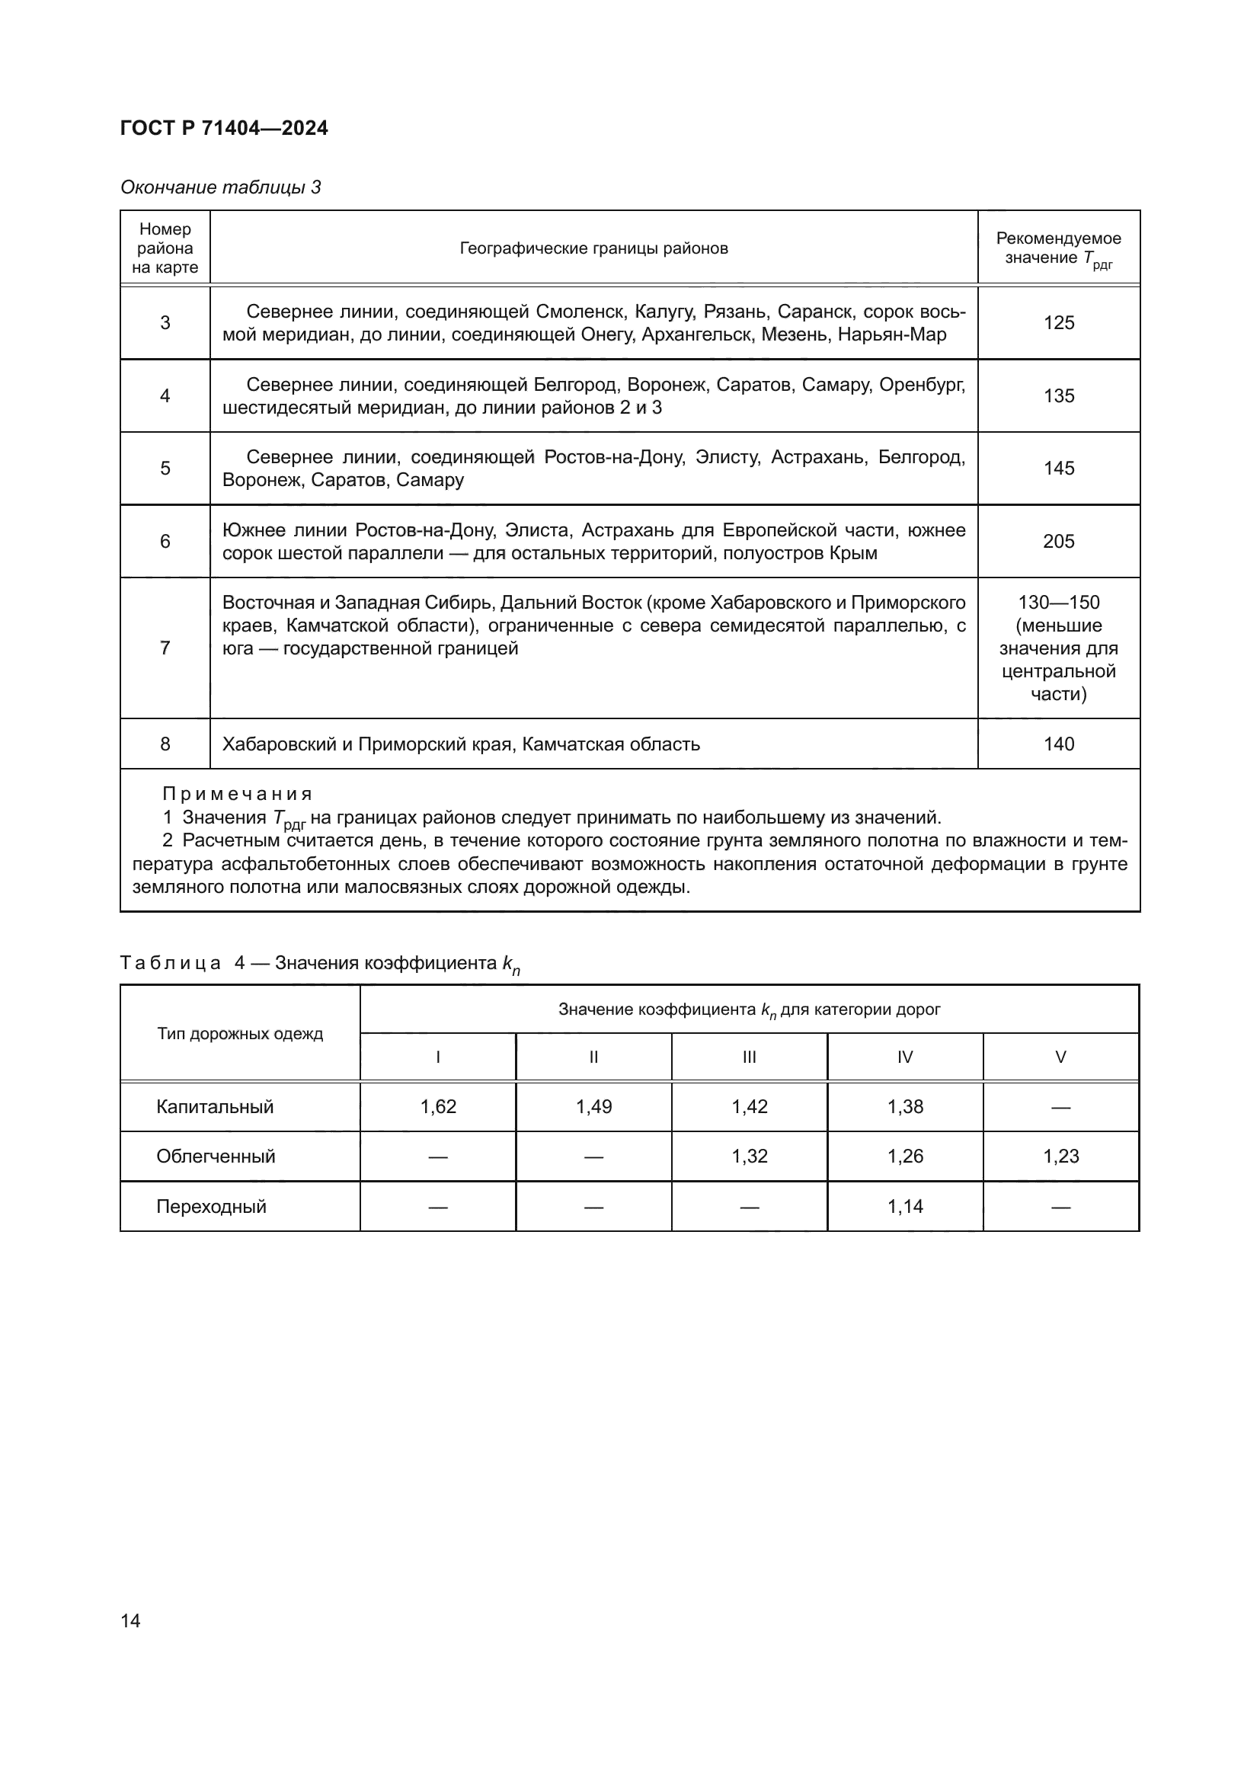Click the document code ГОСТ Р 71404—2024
click(223, 128)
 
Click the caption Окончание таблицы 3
click(220, 187)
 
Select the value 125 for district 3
click(1058, 323)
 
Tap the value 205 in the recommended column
click(1058, 541)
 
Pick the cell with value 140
click(1058, 744)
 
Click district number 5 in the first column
click(165, 468)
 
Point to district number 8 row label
click(165, 744)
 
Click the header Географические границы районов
click(593, 248)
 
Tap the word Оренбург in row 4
click(923, 384)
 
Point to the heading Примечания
click(237, 794)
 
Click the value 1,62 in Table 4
click(437, 1106)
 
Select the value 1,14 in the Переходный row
click(905, 1206)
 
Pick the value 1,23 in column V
click(1060, 1156)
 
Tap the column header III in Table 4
click(749, 1057)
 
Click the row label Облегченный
click(216, 1156)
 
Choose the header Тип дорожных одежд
click(240, 1034)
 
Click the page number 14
click(130, 1620)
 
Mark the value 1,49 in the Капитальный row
click(593, 1106)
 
